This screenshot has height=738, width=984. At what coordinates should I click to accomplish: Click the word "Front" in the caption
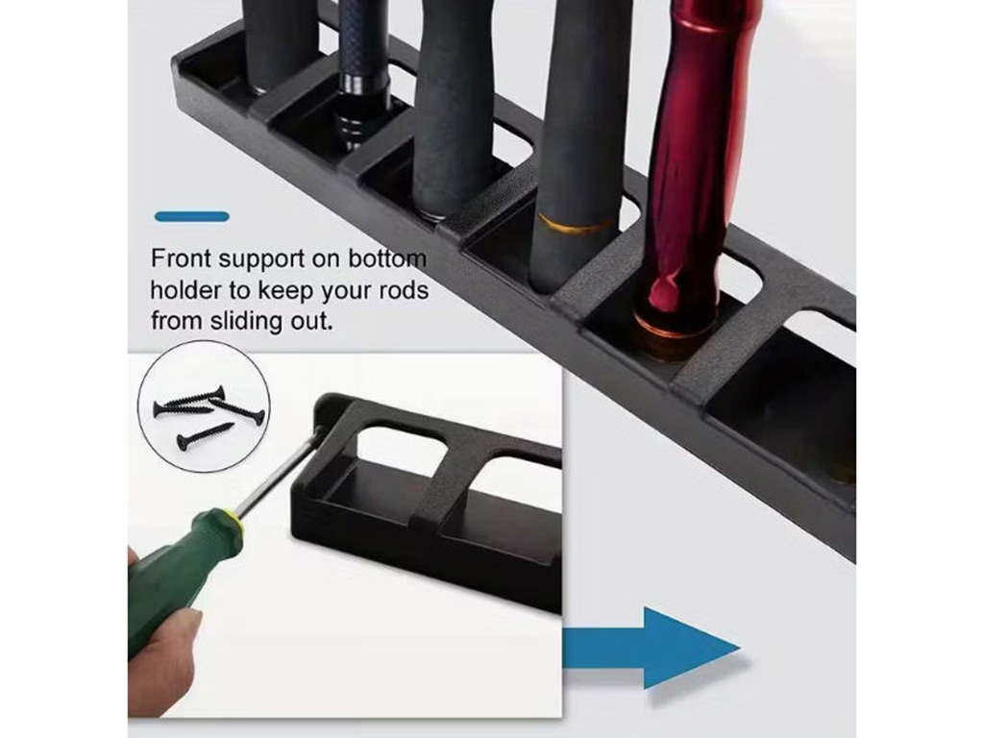point(181,258)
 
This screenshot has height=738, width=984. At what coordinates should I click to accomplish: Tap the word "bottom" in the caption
point(387,258)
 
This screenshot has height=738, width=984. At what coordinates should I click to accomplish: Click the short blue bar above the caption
point(192,216)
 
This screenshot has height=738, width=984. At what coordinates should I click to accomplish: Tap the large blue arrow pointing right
point(652,649)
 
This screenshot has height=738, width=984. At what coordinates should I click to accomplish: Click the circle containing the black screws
point(205,406)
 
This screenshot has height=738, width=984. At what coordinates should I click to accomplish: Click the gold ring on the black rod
point(577,224)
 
